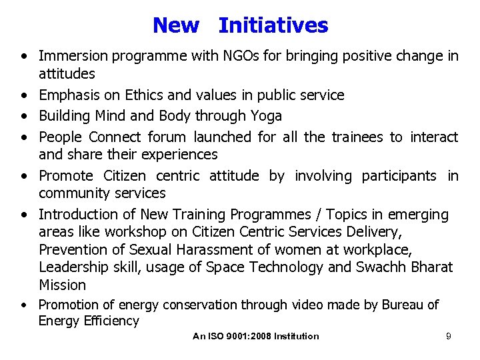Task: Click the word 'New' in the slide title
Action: coord(175,25)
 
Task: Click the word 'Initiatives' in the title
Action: coord(273,25)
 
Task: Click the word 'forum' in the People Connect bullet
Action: coord(167,137)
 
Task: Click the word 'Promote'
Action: coord(66,176)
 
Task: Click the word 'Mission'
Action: coord(62,285)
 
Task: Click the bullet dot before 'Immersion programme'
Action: coord(23,57)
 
